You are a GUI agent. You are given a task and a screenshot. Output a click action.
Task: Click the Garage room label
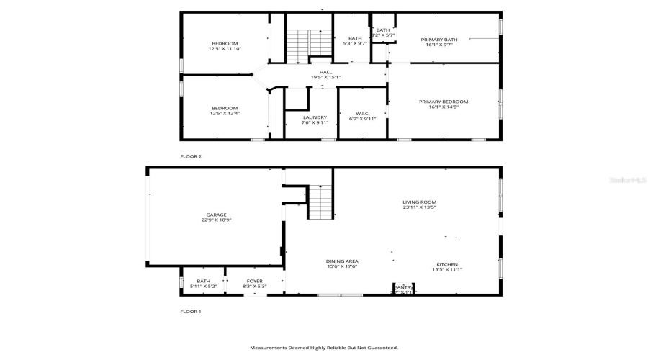pos(216,215)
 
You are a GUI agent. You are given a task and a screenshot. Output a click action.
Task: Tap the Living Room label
pos(419,202)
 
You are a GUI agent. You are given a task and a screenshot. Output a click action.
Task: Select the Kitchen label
pos(446,264)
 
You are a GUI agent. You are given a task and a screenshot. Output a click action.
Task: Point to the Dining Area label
pos(342,261)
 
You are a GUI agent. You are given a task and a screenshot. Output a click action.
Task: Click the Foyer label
pos(255,281)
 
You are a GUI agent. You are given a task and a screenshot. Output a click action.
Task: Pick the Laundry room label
pos(315,117)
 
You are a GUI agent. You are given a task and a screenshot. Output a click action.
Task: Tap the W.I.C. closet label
pos(362,114)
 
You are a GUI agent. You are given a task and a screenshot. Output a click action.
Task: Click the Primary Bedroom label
pos(444,102)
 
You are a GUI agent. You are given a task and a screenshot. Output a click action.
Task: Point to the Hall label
pos(326,72)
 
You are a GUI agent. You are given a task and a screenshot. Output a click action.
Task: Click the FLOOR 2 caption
pos(191,156)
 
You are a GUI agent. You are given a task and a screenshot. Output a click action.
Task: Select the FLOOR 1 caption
pos(191,312)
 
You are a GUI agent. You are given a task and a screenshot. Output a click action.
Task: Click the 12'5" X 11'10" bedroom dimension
pos(224,49)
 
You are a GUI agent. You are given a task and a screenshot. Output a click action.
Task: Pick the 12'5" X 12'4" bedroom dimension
pos(224,113)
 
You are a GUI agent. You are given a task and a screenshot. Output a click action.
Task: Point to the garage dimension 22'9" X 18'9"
pos(216,220)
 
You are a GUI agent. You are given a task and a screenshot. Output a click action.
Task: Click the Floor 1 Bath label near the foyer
pos(203,281)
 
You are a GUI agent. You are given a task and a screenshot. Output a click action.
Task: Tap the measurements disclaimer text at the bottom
pos(323,348)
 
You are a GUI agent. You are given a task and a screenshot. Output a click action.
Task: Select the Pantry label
pos(404,287)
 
